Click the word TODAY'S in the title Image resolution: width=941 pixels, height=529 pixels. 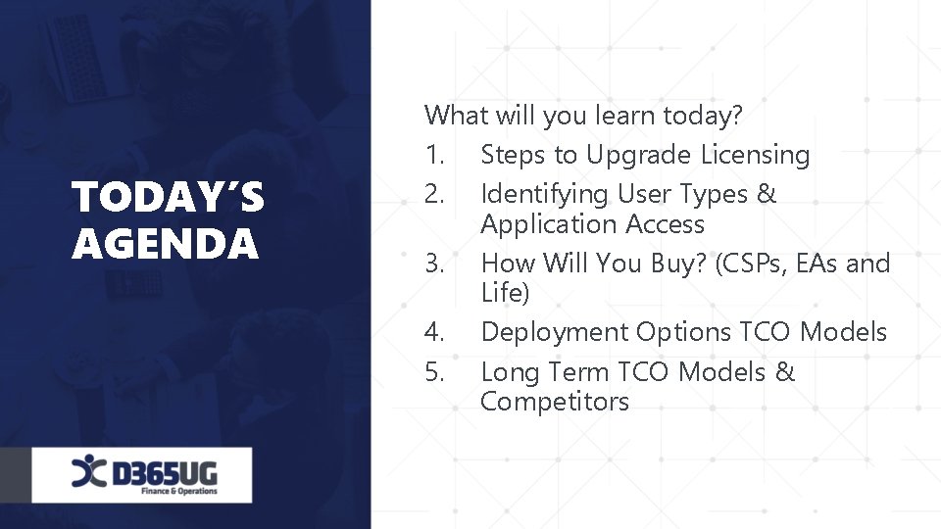[168, 199]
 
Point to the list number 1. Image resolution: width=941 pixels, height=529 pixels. [435, 155]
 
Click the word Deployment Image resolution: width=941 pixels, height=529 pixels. [555, 332]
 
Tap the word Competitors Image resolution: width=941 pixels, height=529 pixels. [555, 402]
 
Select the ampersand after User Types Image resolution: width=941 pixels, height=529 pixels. [766, 194]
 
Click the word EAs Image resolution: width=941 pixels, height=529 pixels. [818, 264]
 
